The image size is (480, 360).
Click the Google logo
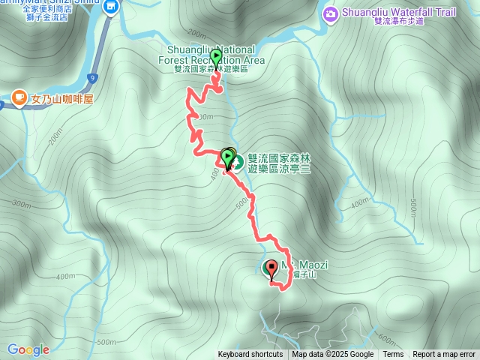point(28,349)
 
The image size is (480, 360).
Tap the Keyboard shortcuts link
point(250,355)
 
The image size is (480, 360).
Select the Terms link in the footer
point(393,355)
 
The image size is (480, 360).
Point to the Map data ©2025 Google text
point(333,355)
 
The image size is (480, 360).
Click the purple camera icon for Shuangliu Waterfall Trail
point(330,13)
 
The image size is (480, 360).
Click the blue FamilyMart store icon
point(112,7)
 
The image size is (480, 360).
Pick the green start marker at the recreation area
point(217,57)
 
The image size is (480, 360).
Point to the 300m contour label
point(21,204)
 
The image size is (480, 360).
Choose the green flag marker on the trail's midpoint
point(227,157)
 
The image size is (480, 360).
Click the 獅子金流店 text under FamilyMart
point(45,17)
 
